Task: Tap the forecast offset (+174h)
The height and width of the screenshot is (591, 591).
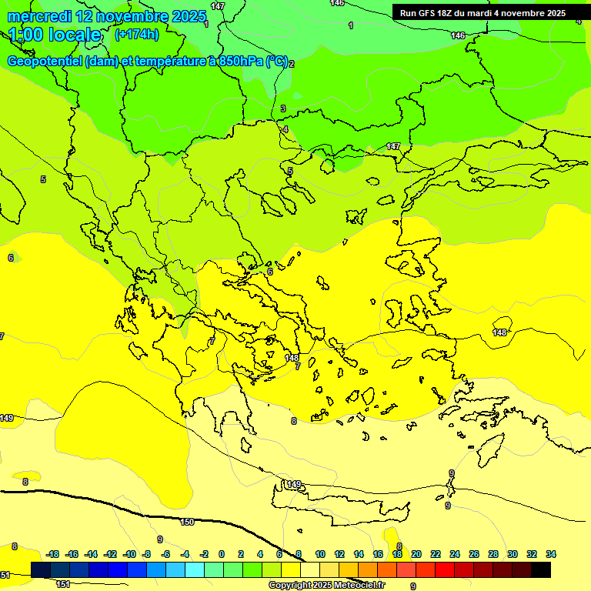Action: (136, 34)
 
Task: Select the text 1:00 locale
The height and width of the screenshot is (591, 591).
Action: (55, 35)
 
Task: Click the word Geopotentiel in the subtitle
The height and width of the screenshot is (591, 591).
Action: (45, 62)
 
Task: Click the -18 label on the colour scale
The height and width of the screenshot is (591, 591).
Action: (53, 554)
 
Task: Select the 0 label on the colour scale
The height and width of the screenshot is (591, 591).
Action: (222, 554)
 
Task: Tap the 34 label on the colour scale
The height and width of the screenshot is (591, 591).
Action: (550, 554)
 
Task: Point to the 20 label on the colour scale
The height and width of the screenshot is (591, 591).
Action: (416, 554)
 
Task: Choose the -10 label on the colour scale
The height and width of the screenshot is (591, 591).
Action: (129, 554)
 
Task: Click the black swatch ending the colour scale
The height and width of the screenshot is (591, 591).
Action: (541, 569)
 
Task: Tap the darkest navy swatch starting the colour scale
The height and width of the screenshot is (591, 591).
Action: (41, 569)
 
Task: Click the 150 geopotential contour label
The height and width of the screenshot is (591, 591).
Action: (187, 522)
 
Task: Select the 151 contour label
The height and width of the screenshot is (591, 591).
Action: (63, 585)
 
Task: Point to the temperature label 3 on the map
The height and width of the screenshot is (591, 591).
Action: (283, 109)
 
